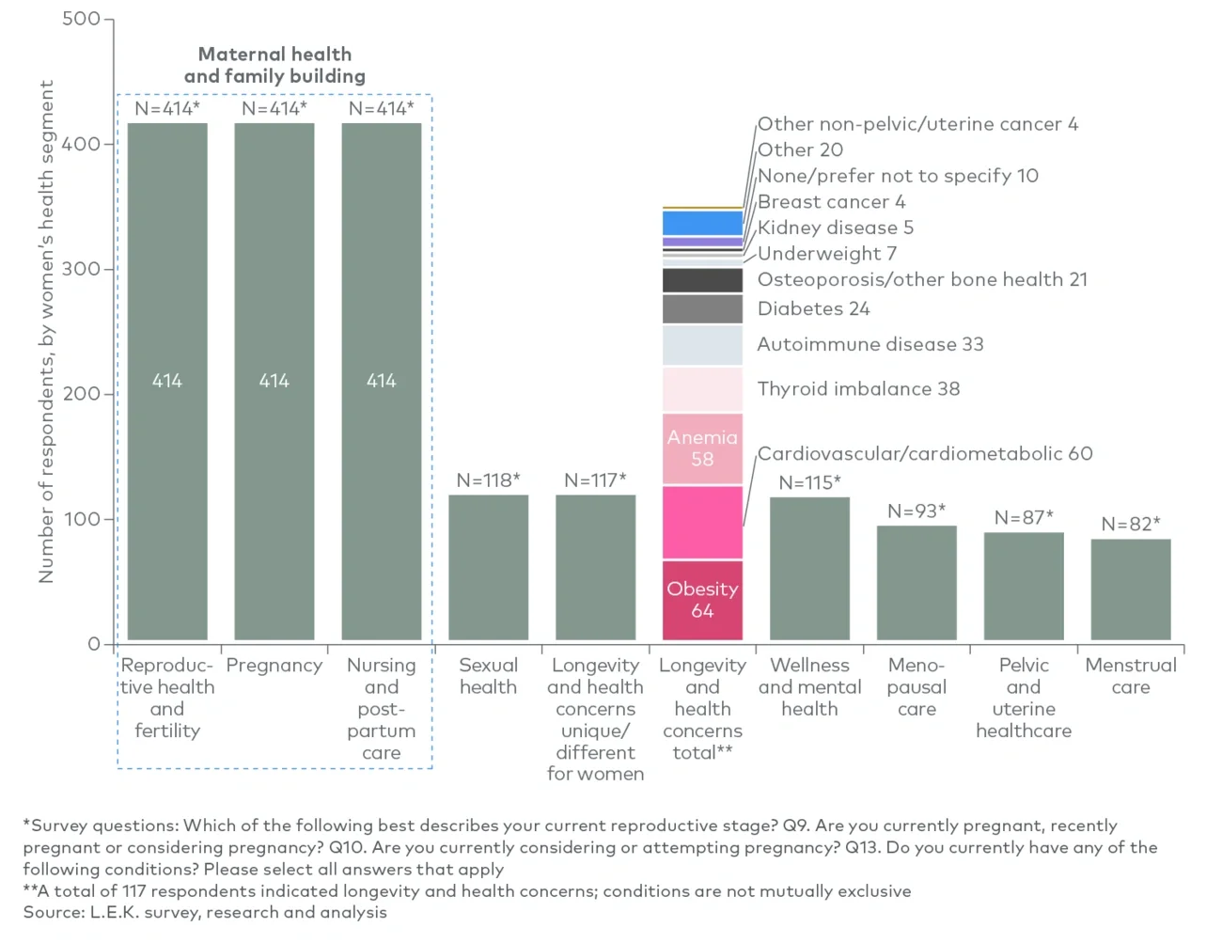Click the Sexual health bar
[x=488, y=567]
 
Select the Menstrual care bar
[x=1131, y=589]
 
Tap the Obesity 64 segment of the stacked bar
[x=702, y=600]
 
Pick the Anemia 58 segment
[x=702, y=448]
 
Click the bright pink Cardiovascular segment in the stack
[x=702, y=522]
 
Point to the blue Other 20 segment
[x=702, y=223]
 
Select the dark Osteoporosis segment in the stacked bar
[x=702, y=280]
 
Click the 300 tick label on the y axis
[x=81, y=269]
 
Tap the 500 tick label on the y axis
[x=81, y=19]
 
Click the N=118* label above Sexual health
[x=488, y=480]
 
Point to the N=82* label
[x=1131, y=524]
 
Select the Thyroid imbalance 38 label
[x=858, y=389]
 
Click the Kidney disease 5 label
[x=835, y=228]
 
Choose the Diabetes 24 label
[x=813, y=308]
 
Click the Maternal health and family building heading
[x=274, y=65]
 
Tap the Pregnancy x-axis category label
[x=274, y=666]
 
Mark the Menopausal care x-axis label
[x=916, y=687]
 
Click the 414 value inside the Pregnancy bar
[x=274, y=381]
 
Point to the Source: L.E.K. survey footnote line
[x=205, y=912]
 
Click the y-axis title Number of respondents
[x=46, y=331]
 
